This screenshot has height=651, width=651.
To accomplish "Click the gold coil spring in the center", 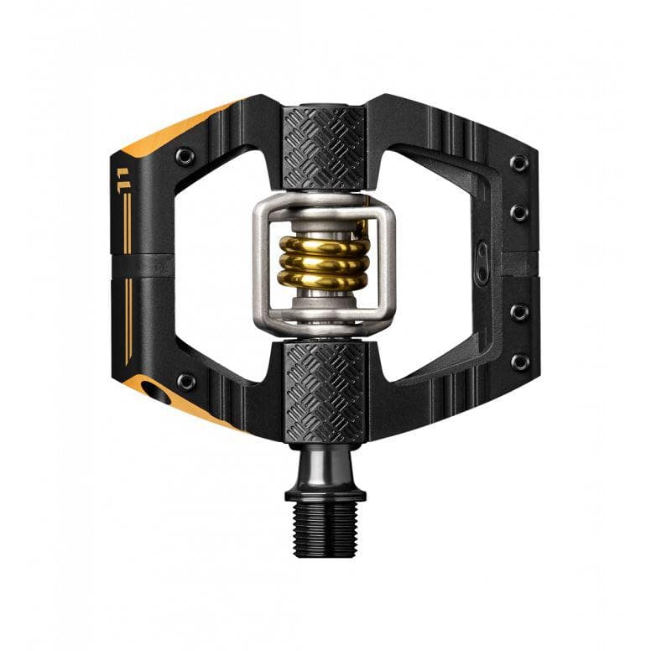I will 324,263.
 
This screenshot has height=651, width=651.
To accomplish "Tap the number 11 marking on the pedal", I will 123,177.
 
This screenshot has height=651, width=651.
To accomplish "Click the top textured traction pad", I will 325,148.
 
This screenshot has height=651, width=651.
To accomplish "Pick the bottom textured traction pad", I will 325,392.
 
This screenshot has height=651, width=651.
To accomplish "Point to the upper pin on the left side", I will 185,156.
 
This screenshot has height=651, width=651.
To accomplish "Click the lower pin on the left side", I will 185,382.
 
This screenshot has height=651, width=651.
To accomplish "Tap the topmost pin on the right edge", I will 520,163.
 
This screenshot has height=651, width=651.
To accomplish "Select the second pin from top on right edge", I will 520,212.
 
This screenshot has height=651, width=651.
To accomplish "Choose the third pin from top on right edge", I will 520,312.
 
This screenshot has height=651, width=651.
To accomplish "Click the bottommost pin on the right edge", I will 520,362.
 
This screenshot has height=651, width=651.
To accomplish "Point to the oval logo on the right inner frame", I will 482,255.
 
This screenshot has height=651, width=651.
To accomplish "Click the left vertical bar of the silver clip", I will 261,262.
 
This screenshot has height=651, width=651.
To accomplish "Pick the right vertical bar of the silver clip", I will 388,262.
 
